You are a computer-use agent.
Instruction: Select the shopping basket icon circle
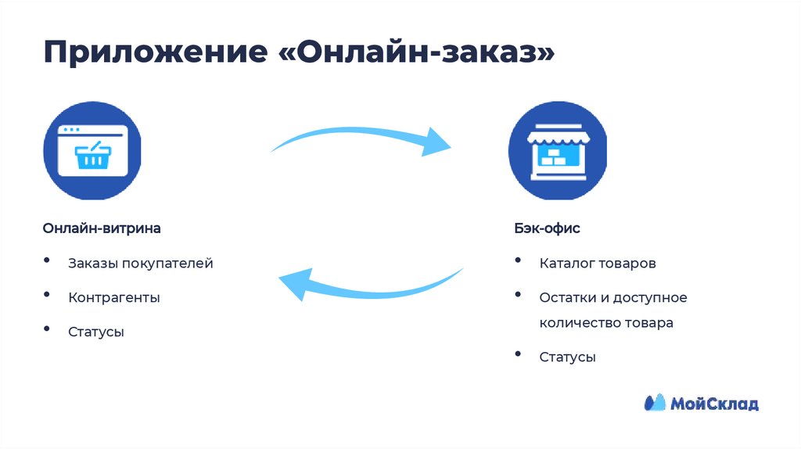coord(92,150)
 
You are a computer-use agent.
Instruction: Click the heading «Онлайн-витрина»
coord(102,229)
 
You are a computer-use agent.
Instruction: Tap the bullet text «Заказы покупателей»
coord(140,264)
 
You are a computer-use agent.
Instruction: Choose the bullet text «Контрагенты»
coord(114,297)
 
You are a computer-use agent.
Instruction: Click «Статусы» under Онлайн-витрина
coord(96,332)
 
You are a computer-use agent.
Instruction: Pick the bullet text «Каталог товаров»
coord(597,264)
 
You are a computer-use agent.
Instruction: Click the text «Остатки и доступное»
coord(612,297)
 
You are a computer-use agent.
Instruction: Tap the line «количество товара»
coord(605,322)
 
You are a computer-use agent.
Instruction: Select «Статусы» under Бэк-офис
coord(567,357)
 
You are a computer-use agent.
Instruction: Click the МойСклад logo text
coord(713,404)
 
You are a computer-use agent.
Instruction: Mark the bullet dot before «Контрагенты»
coord(48,295)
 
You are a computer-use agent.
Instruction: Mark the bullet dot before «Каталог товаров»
coord(519,260)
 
